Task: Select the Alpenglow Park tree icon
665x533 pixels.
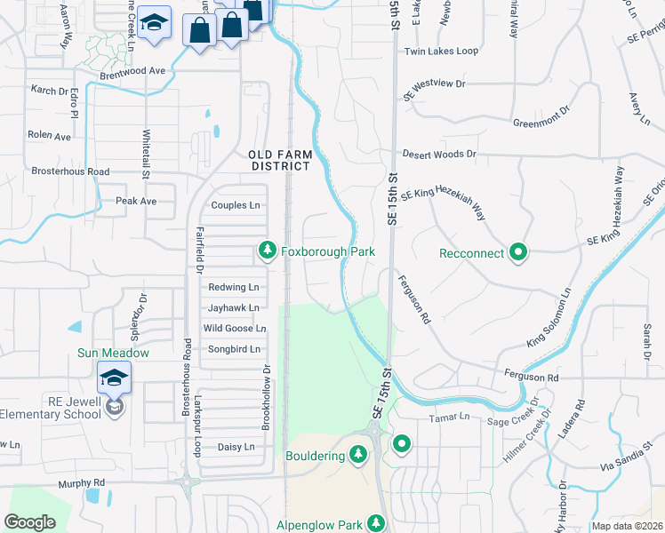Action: pyautogui.click(x=376, y=523)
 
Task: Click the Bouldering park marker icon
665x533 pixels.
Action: pyautogui.click(x=358, y=456)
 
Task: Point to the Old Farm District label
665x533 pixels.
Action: pyautogui.click(x=279, y=160)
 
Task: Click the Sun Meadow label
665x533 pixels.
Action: pyautogui.click(x=113, y=353)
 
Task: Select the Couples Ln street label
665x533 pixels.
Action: pyautogui.click(x=235, y=205)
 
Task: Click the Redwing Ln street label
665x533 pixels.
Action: pyautogui.click(x=233, y=287)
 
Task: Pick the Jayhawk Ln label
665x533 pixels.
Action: pyautogui.click(x=233, y=307)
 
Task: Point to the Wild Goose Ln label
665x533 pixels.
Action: pyautogui.click(x=235, y=328)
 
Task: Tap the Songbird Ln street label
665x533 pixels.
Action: pyautogui.click(x=233, y=349)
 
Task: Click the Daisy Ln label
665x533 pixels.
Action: pyautogui.click(x=236, y=447)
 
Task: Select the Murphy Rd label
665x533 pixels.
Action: pyautogui.click(x=82, y=483)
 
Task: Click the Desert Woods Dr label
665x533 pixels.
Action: pyautogui.click(x=439, y=155)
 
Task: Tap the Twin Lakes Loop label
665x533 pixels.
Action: pyautogui.click(x=441, y=52)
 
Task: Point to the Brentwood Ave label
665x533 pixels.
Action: pyautogui.click(x=132, y=70)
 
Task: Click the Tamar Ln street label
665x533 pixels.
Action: pyautogui.click(x=448, y=417)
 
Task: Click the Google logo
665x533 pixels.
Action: pyautogui.click(x=29, y=522)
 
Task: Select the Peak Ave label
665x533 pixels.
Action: pyautogui.click(x=136, y=201)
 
